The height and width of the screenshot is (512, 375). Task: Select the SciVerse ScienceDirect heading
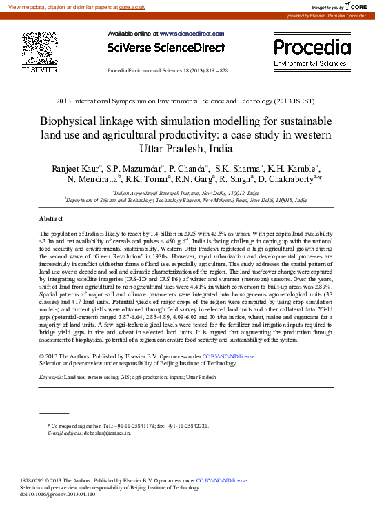(166, 48)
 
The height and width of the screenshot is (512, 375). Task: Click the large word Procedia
(312, 47)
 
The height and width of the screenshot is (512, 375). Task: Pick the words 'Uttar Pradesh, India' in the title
(187, 147)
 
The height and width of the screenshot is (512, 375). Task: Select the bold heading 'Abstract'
(52, 218)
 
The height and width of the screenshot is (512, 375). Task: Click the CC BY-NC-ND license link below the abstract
(229, 356)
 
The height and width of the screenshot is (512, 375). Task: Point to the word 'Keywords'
(50, 378)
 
